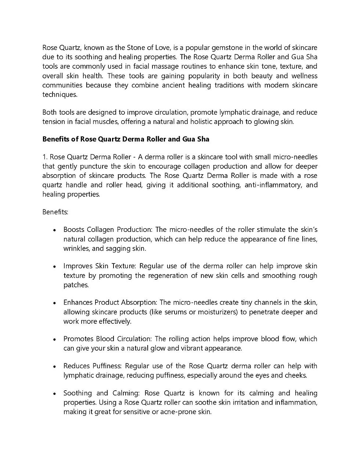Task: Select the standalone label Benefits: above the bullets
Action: [55, 212]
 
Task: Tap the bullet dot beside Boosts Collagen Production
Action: [54, 230]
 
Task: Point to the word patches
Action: [76, 285]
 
